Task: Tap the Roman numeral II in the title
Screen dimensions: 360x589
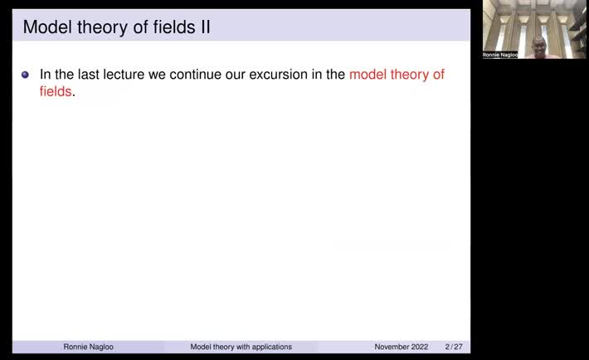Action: coord(201,27)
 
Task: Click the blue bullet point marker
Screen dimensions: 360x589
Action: coord(25,75)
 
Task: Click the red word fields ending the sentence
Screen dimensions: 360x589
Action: coord(56,92)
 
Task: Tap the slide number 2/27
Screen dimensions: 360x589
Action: coord(454,347)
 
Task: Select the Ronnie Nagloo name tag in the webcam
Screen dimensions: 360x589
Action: coord(500,55)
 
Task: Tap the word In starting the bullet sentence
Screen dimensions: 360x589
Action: coord(46,75)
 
